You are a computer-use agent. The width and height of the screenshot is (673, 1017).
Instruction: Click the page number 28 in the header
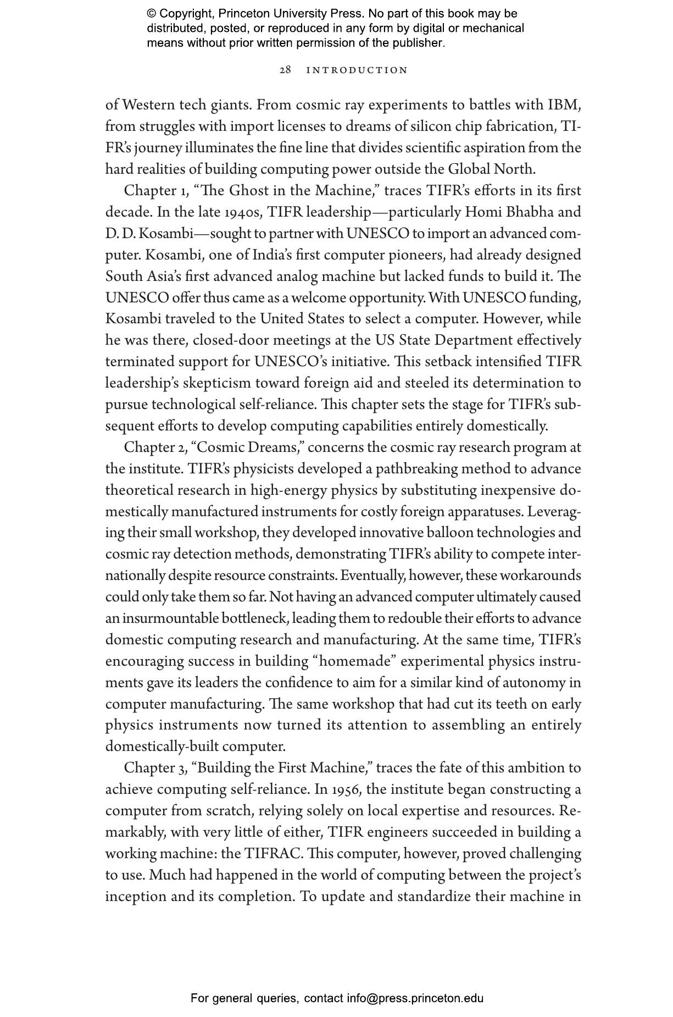285,70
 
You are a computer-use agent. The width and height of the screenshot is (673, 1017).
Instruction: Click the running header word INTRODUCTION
357,70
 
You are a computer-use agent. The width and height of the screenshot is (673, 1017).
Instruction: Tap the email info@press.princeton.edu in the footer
415,998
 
